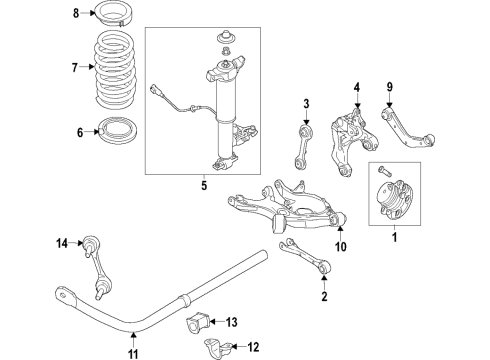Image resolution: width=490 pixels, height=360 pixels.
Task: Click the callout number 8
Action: (x=75, y=13)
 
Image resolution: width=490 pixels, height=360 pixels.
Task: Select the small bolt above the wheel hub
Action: (x=384, y=167)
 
